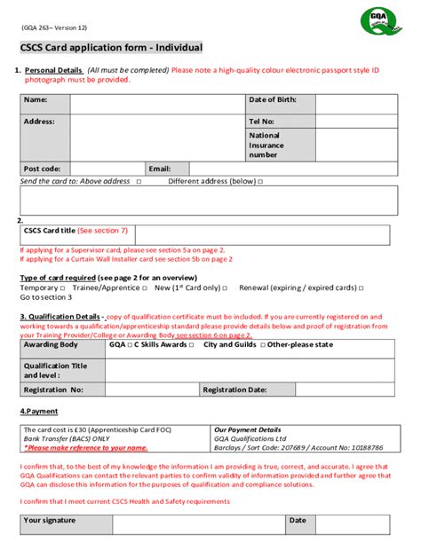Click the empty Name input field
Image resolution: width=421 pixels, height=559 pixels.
(157, 103)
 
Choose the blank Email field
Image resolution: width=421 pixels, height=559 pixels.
(288, 169)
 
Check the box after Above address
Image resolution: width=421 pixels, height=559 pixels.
(139, 182)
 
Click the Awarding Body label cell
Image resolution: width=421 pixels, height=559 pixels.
(52, 344)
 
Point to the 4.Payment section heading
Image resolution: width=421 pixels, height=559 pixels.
(39, 412)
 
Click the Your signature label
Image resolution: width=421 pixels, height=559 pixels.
(50, 521)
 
